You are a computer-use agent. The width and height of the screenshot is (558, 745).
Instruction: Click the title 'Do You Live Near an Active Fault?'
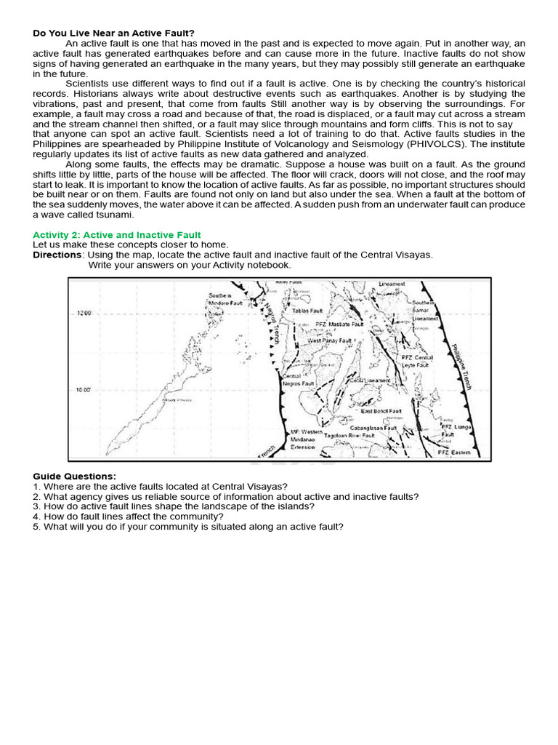click(114, 33)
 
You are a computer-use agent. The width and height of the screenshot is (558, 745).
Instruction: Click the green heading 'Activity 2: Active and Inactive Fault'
click(117, 235)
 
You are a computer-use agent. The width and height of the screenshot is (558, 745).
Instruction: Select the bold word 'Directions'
click(57, 255)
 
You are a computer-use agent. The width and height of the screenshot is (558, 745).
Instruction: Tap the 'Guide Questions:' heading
click(74, 476)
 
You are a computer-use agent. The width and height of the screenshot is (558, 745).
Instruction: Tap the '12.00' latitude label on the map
click(84, 313)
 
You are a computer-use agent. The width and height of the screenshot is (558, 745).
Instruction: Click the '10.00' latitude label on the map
click(84, 390)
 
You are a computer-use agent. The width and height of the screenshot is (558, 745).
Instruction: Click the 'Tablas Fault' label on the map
click(307, 311)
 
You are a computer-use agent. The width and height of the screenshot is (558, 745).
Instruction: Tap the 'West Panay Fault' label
click(329, 340)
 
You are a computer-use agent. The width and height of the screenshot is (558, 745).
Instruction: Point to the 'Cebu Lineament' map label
click(370, 381)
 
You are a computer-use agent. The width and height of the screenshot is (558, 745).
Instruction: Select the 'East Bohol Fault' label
click(381, 411)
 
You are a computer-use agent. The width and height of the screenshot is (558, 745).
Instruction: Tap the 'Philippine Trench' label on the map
click(461, 366)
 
